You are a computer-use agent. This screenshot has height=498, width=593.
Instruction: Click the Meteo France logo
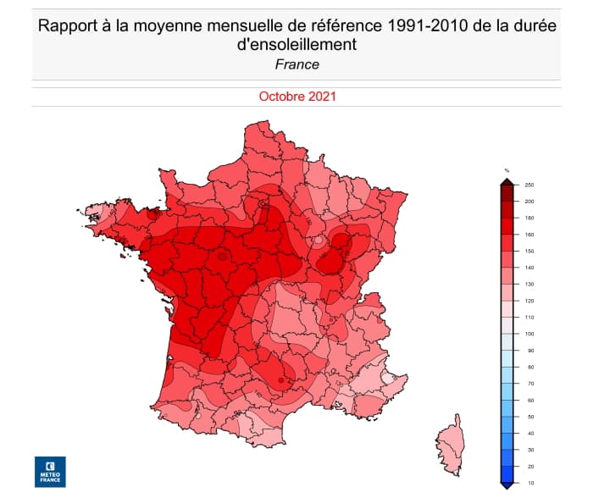[x=49, y=472]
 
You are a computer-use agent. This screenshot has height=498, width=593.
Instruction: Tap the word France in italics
[x=296, y=64]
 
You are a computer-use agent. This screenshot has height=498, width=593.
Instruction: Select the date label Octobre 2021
[x=297, y=97]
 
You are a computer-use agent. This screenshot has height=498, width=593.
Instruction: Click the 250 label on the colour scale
[x=529, y=185]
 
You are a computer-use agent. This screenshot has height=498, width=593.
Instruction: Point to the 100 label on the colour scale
[x=529, y=334]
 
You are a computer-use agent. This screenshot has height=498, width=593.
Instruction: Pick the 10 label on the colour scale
[x=529, y=483]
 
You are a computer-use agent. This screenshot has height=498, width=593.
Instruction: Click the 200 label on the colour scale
[x=529, y=202]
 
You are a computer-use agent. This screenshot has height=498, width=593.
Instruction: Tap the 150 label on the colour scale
[x=529, y=252]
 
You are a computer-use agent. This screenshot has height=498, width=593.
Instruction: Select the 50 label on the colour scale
[x=529, y=417]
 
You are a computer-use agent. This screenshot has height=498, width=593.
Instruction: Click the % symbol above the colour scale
[x=507, y=171]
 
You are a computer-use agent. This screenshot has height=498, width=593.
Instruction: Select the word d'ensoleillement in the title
[x=296, y=45]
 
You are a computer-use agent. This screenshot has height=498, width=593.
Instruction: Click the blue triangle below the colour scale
[x=507, y=485]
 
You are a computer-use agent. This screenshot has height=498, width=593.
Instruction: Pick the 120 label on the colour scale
[x=529, y=301]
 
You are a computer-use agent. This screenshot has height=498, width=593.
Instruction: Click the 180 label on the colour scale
[x=529, y=219]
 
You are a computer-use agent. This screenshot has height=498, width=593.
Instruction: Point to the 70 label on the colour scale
[x=529, y=384]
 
